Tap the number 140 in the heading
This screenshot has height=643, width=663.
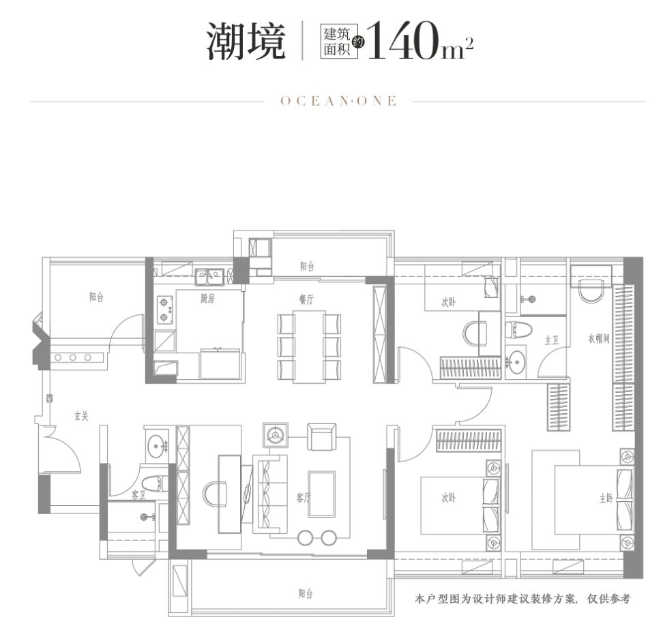403,43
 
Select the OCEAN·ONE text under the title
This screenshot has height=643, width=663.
338,101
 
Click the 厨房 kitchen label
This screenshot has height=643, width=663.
207,299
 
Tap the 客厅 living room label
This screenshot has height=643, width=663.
304,498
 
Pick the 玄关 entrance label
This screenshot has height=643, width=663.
80,416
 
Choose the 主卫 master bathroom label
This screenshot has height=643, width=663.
552,339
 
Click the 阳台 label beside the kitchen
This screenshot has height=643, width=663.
96,297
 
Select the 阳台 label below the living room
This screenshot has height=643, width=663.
306,594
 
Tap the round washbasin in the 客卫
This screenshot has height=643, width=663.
160,447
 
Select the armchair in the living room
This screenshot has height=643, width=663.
321,436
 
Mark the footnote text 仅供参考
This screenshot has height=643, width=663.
608,599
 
